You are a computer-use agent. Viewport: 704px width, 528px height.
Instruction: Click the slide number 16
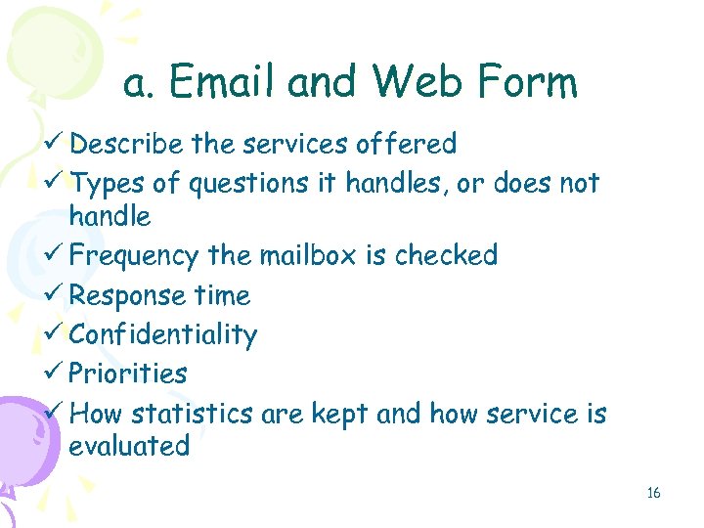click(x=653, y=493)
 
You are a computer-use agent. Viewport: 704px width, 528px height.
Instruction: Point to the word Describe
click(x=126, y=145)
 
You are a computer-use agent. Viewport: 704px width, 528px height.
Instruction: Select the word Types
click(x=109, y=183)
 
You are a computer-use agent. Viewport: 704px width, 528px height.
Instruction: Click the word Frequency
click(x=134, y=256)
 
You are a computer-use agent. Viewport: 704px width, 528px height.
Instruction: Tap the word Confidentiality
click(x=163, y=335)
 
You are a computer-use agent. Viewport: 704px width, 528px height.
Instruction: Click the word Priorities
click(x=128, y=374)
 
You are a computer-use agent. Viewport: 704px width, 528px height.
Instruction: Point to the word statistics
click(x=192, y=414)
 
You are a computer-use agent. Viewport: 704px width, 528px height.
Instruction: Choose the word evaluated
click(x=129, y=447)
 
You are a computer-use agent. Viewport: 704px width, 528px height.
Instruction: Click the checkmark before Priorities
click(x=55, y=374)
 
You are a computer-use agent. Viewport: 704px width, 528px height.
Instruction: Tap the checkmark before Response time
click(x=55, y=295)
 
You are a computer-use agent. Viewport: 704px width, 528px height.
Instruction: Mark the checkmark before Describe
click(x=55, y=145)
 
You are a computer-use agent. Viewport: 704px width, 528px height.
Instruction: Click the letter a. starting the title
click(x=137, y=85)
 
